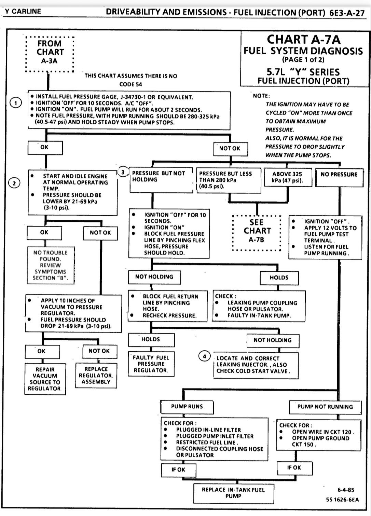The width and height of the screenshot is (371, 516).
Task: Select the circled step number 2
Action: (14, 184)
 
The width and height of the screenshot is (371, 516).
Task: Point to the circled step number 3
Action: (123, 172)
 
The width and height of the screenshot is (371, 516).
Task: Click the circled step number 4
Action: (204, 356)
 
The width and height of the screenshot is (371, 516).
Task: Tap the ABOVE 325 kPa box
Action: (288, 177)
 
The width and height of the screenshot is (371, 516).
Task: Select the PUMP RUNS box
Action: (187, 407)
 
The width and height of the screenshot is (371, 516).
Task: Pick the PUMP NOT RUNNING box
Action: (325, 407)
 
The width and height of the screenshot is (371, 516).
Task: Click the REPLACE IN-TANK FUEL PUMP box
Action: (233, 493)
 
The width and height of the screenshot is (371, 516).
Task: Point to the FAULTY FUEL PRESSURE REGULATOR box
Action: (151, 364)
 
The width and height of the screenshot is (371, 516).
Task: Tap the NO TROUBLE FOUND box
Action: (50, 265)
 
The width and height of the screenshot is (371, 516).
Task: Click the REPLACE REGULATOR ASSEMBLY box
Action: (96, 376)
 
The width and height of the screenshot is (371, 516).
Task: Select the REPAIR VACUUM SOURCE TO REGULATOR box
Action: (45, 379)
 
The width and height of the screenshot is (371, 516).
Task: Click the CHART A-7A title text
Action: (304, 40)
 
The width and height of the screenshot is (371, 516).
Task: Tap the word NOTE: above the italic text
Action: (261, 96)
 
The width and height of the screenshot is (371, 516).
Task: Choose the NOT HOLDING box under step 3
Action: (154, 277)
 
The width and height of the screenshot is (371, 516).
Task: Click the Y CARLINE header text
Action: (23, 11)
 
